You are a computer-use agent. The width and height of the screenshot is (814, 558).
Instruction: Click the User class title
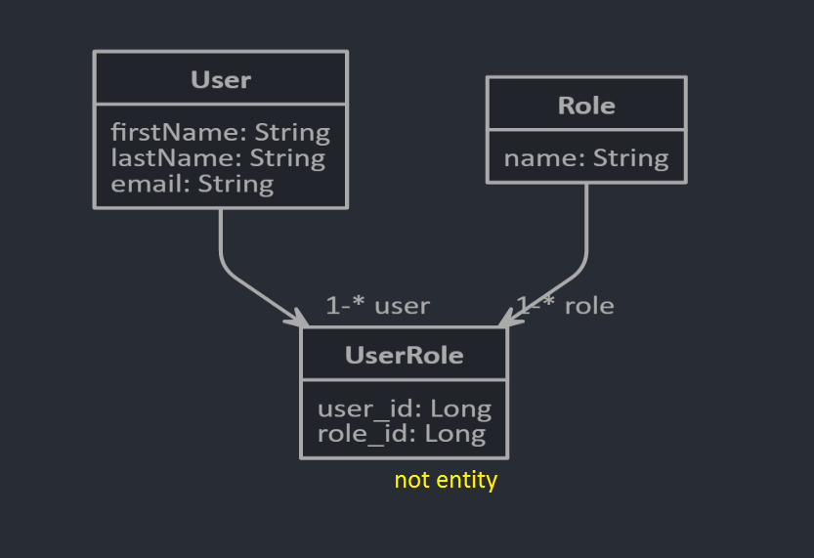[221, 79]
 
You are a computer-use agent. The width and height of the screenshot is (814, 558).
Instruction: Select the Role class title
[586, 106]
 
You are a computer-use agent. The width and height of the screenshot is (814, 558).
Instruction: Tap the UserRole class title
[404, 355]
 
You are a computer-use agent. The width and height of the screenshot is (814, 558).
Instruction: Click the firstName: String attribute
[220, 132]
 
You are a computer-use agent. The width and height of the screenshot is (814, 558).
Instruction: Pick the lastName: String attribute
[218, 157]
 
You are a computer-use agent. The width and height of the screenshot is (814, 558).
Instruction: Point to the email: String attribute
[192, 183]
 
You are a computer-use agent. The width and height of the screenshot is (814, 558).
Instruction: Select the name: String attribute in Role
[586, 157]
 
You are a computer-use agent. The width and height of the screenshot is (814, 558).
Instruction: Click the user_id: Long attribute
[404, 408]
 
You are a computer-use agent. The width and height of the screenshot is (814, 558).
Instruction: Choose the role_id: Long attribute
[401, 434]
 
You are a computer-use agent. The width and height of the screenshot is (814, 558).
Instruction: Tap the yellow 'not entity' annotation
[446, 480]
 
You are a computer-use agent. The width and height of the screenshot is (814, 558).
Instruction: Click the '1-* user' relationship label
[377, 306]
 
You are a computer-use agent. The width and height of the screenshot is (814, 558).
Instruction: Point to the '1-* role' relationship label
[567, 306]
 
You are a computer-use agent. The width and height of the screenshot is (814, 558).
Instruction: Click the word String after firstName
[292, 132]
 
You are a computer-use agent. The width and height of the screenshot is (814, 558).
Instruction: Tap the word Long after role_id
[457, 434]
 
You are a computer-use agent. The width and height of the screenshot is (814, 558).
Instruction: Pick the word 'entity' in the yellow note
[467, 480]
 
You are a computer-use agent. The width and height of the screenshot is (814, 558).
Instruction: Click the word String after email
[236, 183]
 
